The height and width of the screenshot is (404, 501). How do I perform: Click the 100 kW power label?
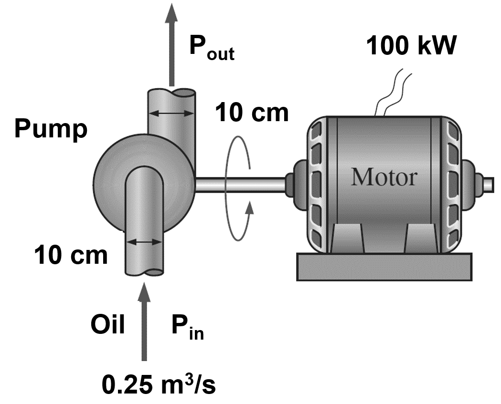[412, 46]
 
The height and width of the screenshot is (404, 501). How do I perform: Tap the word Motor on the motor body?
[384, 177]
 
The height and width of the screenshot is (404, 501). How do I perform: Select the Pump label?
[51, 129]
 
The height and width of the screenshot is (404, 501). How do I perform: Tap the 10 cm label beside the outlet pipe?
[252, 113]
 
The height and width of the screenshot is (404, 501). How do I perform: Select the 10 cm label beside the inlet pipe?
[71, 256]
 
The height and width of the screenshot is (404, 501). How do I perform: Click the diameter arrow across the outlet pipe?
[171, 114]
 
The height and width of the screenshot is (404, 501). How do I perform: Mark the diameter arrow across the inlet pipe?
[144, 242]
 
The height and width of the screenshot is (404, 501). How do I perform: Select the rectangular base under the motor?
[384, 266]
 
